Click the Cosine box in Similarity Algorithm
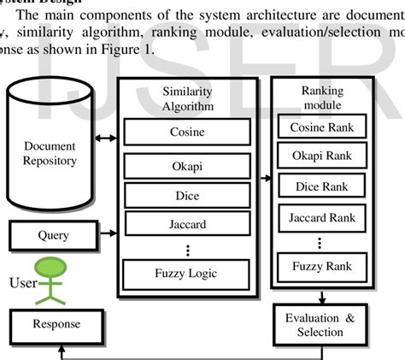pos(187,133)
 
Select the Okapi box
pos(187,165)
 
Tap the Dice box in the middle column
pos(187,195)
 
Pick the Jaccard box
pos(187,225)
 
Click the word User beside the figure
pos(21,283)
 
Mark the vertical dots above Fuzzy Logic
pos(187,250)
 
